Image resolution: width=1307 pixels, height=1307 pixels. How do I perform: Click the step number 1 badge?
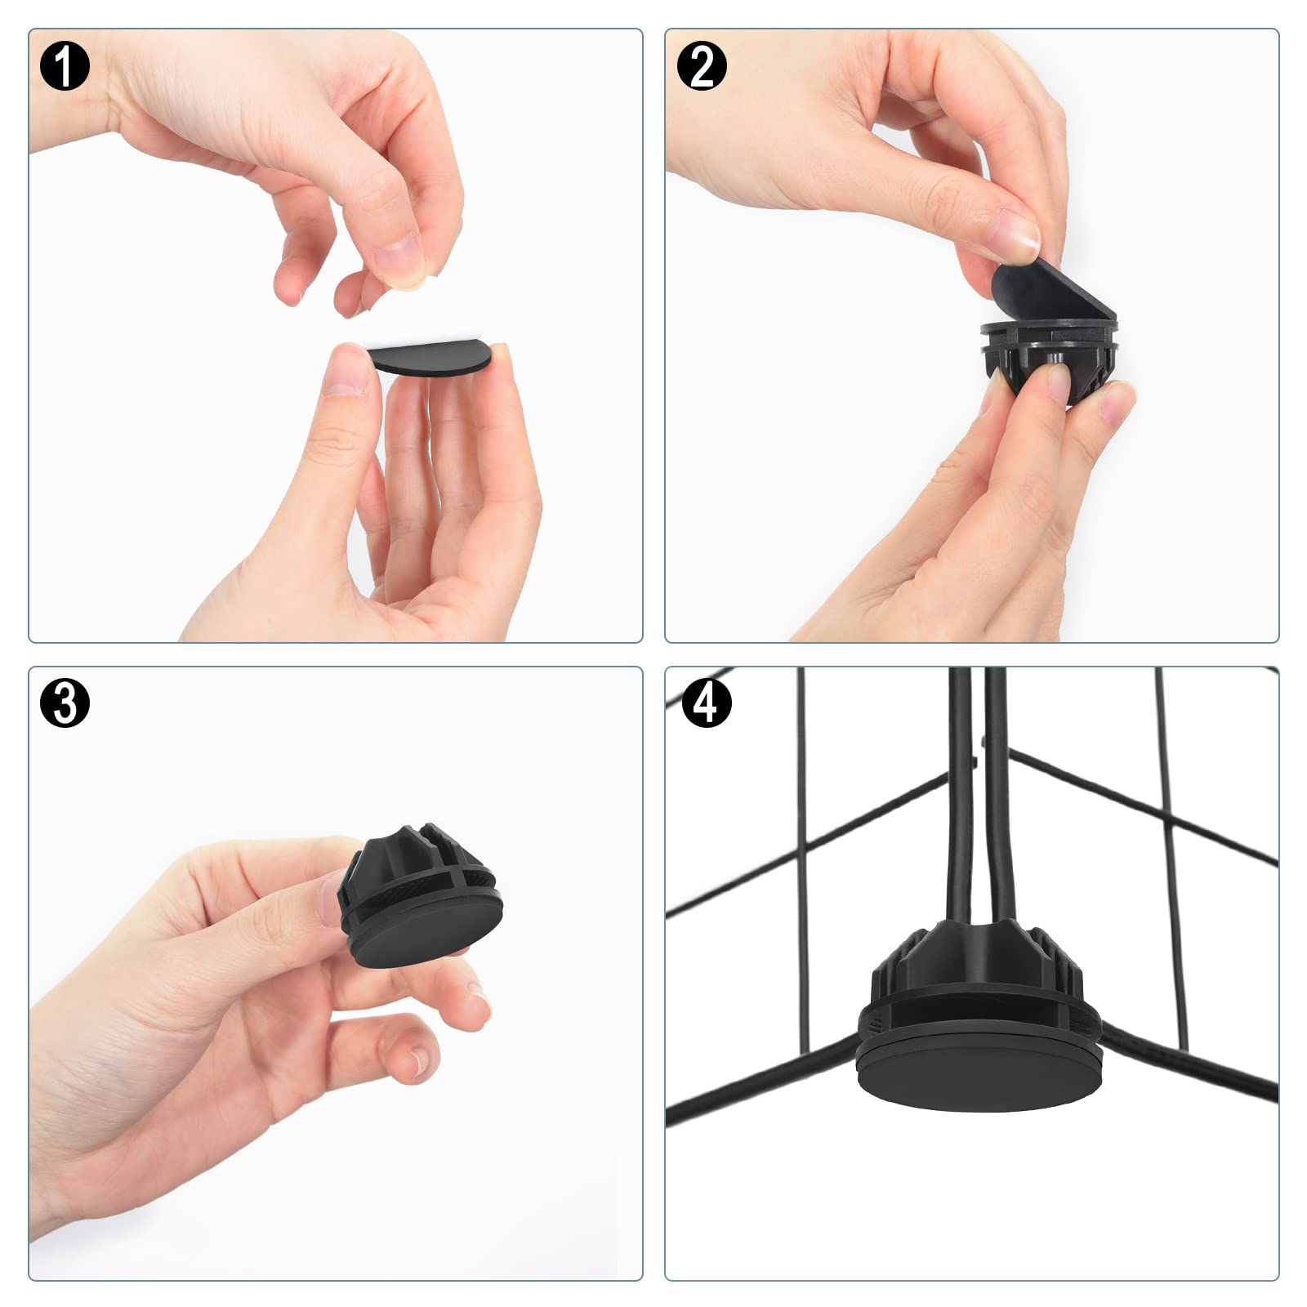pyautogui.click(x=64, y=65)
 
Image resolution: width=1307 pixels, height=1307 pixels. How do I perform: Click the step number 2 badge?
pyautogui.click(x=702, y=65)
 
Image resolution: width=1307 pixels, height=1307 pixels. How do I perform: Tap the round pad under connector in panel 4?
pyautogui.click(x=981, y=1069)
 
